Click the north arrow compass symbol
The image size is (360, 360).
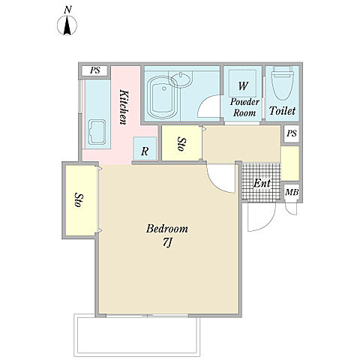pyautogui.click(x=67, y=25)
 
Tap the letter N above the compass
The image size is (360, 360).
pyautogui.click(x=67, y=10)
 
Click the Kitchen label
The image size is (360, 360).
pyautogui.click(x=124, y=107)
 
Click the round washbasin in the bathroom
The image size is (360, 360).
pyautogui.click(x=180, y=79)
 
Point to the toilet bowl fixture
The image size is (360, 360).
pyautogui.click(x=282, y=83)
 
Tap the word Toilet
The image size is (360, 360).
pyautogui.click(x=282, y=111)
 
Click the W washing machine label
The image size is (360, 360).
pyautogui.click(x=243, y=85)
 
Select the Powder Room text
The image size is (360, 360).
pyautogui.click(x=244, y=107)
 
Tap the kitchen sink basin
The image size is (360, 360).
pyautogui.click(x=97, y=132)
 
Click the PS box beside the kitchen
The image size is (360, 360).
pyautogui.click(x=94, y=70)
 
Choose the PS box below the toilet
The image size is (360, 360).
pyautogui.click(x=292, y=133)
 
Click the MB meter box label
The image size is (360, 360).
pyautogui.click(x=292, y=193)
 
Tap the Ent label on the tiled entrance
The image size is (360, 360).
pyautogui.click(x=262, y=183)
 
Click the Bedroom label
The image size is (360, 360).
pyautogui.click(x=167, y=229)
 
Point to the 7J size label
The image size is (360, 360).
pyautogui.click(x=167, y=242)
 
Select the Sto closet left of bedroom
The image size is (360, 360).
pyautogui.click(x=80, y=200)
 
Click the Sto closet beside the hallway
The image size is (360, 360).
pyautogui.click(x=181, y=143)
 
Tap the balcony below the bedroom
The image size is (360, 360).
pyautogui.click(x=137, y=335)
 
